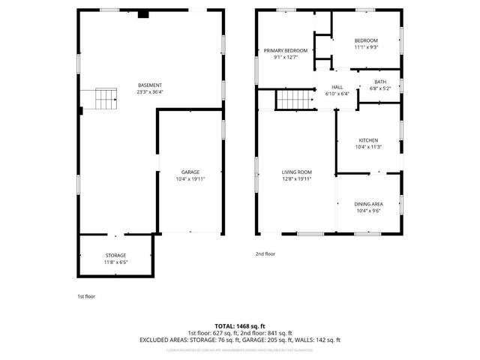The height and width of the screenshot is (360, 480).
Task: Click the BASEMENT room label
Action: (x=150, y=85)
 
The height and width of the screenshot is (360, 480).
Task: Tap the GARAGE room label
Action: (x=189, y=172)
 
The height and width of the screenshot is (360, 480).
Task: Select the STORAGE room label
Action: (x=115, y=256)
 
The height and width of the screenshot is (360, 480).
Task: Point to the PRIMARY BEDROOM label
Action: (x=286, y=50)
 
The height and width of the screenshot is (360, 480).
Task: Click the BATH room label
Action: (x=380, y=82)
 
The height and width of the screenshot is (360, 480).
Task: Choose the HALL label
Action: (x=337, y=88)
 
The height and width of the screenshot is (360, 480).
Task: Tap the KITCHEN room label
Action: (x=368, y=140)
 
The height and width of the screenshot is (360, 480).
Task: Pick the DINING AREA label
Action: (x=368, y=204)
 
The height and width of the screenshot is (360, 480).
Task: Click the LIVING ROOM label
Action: (x=296, y=172)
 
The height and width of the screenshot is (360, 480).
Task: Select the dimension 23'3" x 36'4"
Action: (x=150, y=92)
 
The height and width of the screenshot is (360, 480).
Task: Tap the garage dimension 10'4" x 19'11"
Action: (x=189, y=179)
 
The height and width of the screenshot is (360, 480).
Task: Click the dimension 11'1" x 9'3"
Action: (x=366, y=47)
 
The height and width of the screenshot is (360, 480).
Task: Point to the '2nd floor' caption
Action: (x=265, y=253)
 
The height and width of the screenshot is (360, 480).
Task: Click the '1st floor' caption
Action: (x=86, y=296)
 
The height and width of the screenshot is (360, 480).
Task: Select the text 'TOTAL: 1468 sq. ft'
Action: (x=239, y=326)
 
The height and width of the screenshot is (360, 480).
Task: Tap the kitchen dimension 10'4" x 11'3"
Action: (x=368, y=147)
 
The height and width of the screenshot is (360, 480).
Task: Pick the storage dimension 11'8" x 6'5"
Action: (x=115, y=262)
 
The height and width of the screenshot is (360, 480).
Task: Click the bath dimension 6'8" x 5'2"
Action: (x=380, y=88)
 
